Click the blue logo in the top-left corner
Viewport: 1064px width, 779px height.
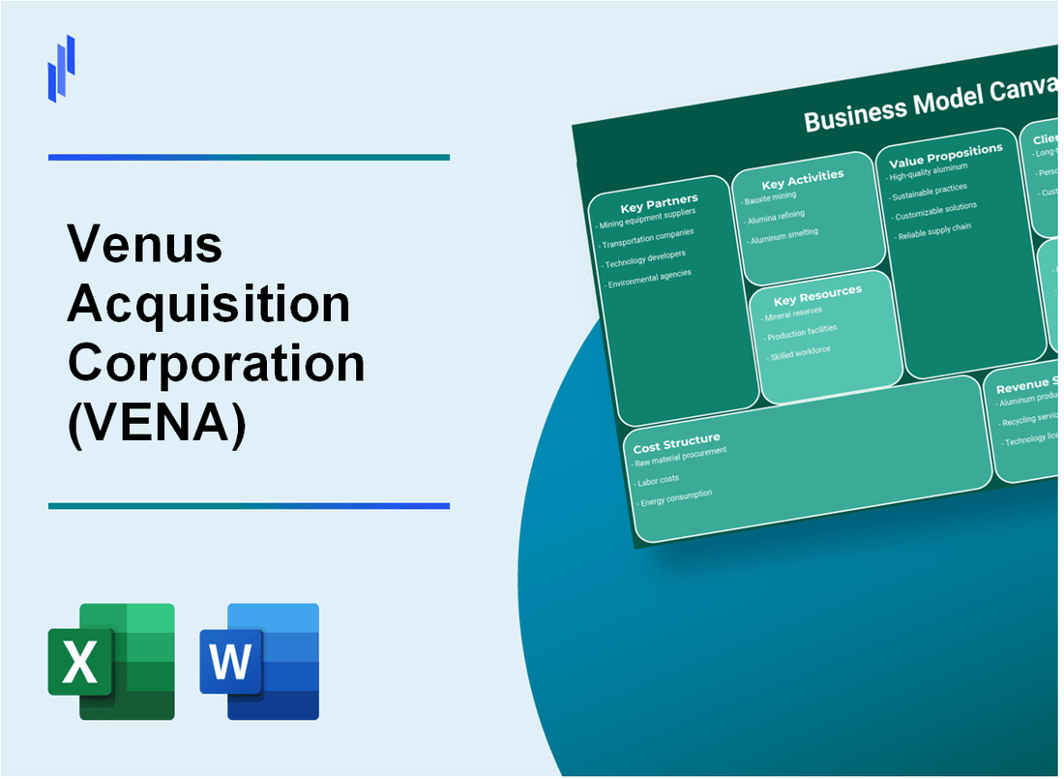61,68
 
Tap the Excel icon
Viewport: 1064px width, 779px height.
111,661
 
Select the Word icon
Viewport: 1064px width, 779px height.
259,661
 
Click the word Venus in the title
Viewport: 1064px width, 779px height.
145,246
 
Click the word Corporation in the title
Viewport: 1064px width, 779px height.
216,365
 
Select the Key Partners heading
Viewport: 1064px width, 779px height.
659,202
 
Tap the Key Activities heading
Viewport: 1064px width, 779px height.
802,178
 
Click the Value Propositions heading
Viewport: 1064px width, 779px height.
945,154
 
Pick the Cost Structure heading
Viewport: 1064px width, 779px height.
676,443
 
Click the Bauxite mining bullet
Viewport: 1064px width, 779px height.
771,197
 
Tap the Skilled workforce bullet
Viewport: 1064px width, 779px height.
800,353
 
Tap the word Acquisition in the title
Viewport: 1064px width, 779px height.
209,306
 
